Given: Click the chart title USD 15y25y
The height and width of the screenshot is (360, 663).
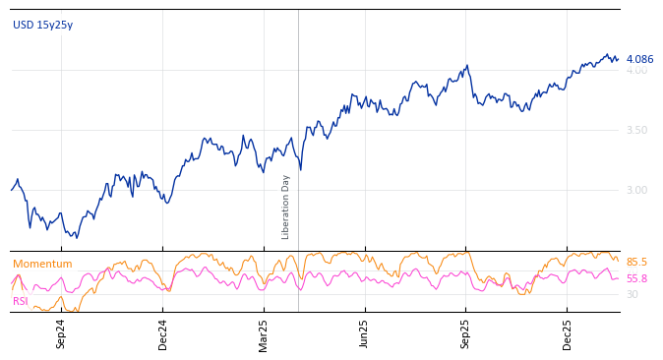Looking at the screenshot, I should [42, 26].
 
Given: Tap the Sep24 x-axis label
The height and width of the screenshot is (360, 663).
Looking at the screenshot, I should [61, 333].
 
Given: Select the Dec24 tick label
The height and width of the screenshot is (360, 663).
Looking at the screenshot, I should [163, 333].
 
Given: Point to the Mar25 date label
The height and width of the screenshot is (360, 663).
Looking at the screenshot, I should [265, 333].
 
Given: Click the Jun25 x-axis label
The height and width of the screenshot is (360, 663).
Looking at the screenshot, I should [365, 333].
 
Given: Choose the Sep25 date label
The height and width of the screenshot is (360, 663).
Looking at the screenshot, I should [466, 333].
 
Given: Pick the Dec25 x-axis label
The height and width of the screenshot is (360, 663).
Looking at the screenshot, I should [568, 333].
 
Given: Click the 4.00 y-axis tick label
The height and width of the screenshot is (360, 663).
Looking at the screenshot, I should [636, 71].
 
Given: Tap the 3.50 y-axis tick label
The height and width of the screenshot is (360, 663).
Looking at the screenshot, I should [636, 130].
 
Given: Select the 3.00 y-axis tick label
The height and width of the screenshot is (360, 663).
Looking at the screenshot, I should [636, 190].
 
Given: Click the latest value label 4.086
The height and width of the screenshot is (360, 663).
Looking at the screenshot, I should [639, 59].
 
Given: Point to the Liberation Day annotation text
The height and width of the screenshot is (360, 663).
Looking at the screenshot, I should [286, 207].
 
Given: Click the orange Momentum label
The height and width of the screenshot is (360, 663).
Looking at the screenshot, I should [42, 265].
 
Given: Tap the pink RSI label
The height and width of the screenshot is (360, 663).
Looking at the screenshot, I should [21, 301].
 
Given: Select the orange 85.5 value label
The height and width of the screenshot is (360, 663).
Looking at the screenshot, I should [636, 263].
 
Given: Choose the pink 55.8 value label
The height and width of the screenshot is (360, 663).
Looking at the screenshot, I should [636, 279].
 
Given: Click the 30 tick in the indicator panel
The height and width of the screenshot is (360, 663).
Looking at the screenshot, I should [632, 294].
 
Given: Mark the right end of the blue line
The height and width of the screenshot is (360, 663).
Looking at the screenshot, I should [618, 58].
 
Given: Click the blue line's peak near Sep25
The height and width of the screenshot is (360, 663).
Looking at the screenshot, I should [468, 66].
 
